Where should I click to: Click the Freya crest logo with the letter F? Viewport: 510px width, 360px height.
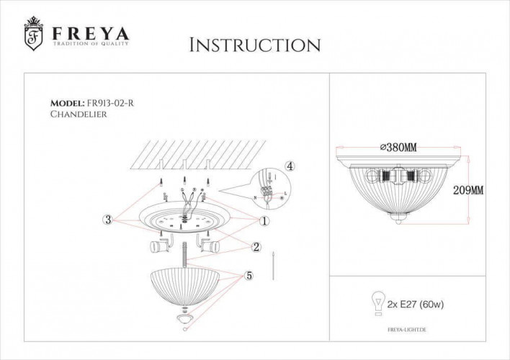(x=33, y=35)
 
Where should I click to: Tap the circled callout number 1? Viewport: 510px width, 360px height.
(x=264, y=220)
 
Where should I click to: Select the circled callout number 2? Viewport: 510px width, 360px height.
(x=256, y=247)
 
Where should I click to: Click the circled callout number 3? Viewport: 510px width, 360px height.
(x=107, y=220)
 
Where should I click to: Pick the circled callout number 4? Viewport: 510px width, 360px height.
(x=290, y=166)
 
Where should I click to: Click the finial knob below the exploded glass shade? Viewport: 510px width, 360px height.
(x=186, y=317)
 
